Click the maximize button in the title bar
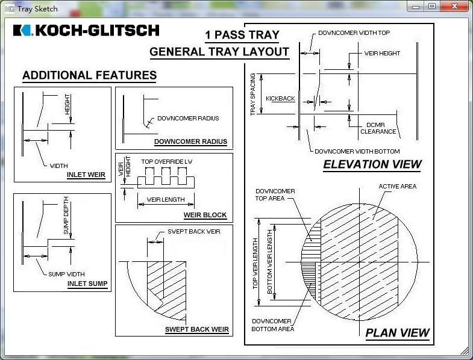pos(431,6)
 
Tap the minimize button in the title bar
pos(416,6)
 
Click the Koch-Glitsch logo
pos(86,30)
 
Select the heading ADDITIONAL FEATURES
pos(89,76)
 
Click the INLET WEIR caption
pos(86,175)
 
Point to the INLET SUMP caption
pos(87,284)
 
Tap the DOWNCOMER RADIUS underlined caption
pos(190,142)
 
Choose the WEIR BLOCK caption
pos(205,215)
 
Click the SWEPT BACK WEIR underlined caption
pos(197,329)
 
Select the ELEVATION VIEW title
pos(372,164)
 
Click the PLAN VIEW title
pos(398,332)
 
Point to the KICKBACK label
pos(280,98)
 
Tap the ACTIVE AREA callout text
pos(397,186)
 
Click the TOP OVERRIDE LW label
pos(166,162)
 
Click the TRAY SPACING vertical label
pos(253,95)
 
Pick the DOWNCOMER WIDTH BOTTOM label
pos(357,151)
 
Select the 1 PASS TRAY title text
pos(242,34)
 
